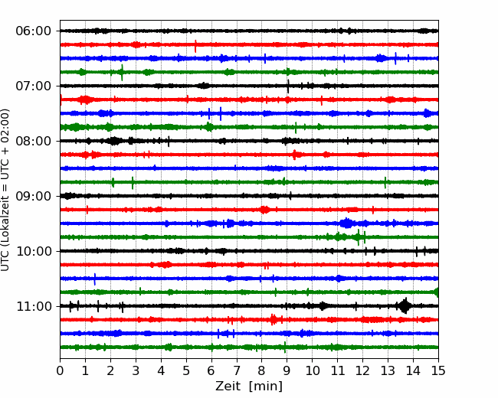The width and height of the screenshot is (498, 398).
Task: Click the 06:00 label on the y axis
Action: click(x=34, y=31)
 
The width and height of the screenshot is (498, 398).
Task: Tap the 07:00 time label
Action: click(x=34, y=86)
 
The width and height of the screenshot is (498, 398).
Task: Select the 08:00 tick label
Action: click(x=34, y=141)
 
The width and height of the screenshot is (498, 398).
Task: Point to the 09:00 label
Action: click(x=34, y=196)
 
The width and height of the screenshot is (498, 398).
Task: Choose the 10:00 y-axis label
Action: click(x=34, y=251)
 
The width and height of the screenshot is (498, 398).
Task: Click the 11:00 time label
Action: click(x=34, y=306)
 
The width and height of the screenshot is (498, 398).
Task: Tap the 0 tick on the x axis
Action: click(x=60, y=370)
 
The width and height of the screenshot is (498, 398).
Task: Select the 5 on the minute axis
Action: click(x=186, y=370)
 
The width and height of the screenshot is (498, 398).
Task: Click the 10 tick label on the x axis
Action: click(x=312, y=370)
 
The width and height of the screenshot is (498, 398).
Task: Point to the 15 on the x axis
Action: click(x=438, y=370)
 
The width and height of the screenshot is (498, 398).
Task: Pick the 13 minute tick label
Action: click(x=388, y=370)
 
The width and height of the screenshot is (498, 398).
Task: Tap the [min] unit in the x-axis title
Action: click(x=266, y=387)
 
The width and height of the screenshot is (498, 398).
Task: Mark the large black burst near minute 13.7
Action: click(x=405, y=306)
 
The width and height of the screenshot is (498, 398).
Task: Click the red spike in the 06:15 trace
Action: click(x=195, y=47)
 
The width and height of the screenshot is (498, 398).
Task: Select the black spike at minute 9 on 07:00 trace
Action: click(x=288, y=86)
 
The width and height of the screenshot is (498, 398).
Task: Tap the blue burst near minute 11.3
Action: click(x=346, y=223)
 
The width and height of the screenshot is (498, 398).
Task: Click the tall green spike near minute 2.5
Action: click(x=122, y=73)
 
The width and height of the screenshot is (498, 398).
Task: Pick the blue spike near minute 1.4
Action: click(x=95, y=279)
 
